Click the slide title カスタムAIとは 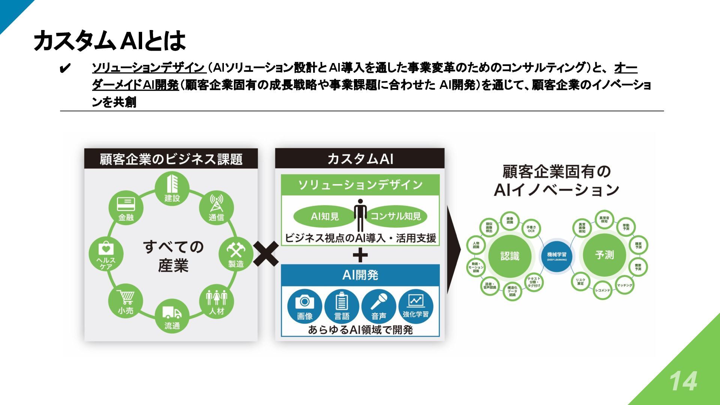coord(109,40)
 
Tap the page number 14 coord(683,381)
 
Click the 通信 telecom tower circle coord(216,207)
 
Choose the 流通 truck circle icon coord(172,316)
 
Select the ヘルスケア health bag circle coord(106,254)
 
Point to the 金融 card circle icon coord(126,207)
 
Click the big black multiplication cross coord(266,254)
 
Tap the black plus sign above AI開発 coord(360,256)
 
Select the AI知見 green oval coord(325,216)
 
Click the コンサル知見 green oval coord(396,216)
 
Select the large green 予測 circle coord(604,255)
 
